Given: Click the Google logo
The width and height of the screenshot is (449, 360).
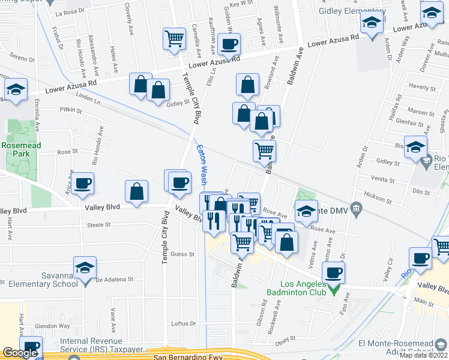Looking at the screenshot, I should (20, 353).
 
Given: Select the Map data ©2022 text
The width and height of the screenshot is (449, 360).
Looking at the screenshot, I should (423, 355).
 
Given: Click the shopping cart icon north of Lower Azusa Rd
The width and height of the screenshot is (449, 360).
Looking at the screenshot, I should (174, 39).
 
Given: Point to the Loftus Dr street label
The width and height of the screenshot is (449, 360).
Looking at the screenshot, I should (184, 323).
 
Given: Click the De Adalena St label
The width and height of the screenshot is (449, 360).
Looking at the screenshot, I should (114, 280).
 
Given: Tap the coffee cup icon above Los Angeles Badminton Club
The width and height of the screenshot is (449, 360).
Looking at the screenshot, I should (333, 273).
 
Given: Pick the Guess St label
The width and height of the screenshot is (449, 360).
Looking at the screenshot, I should (184, 254).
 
